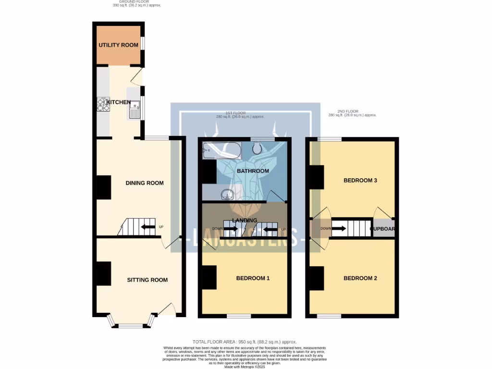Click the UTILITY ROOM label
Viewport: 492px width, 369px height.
tap(118, 45)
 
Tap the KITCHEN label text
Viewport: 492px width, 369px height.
tap(119, 102)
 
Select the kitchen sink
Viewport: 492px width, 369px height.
tap(135, 108)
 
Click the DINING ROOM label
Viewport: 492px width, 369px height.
tap(144, 183)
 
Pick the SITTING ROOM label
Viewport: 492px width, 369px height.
tap(147, 280)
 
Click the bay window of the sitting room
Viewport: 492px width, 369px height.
tap(131, 325)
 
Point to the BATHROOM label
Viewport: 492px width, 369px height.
tap(253, 171)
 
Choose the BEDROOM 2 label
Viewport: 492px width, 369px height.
tap(360, 279)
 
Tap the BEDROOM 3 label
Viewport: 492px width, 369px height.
tap(360, 181)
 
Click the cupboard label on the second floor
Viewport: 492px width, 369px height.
tap(383, 229)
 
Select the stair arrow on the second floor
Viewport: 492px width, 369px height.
tap(338, 228)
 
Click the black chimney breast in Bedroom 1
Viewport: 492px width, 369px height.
tap(209, 277)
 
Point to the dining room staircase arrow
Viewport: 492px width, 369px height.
tap(148, 227)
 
